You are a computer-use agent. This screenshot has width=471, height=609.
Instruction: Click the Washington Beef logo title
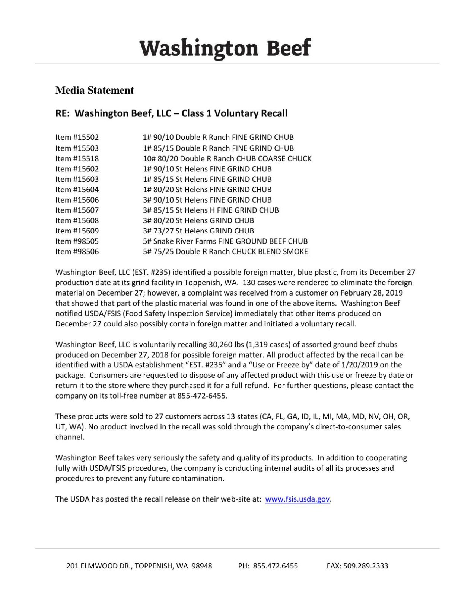(x=225, y=48)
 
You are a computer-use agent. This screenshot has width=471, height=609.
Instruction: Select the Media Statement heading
(x=95, y=90)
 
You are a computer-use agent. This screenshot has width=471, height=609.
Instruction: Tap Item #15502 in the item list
(x=77, y=137)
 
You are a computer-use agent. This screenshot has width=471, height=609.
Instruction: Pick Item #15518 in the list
(x=77, y=158)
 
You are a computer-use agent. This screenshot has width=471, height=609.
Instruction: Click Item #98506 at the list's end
(x=77, y=252)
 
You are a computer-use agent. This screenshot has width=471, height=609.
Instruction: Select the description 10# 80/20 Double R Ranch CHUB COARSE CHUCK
(x=227, y=158)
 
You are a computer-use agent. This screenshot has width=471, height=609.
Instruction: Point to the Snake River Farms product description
(x=225, y=241)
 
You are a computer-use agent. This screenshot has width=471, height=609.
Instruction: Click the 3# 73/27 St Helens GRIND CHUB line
(x=198, y=231)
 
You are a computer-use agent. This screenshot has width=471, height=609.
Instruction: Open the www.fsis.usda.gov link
(x=297, y=499)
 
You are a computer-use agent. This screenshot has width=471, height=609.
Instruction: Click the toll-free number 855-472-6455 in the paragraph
(x=202, y=396)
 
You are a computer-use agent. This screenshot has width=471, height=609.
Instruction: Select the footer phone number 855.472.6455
(x=275, y=566)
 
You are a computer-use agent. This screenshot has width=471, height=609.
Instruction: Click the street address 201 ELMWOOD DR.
(x=99, y=566)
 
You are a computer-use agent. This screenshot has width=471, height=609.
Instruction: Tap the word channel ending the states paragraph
(x=70, y=437)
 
